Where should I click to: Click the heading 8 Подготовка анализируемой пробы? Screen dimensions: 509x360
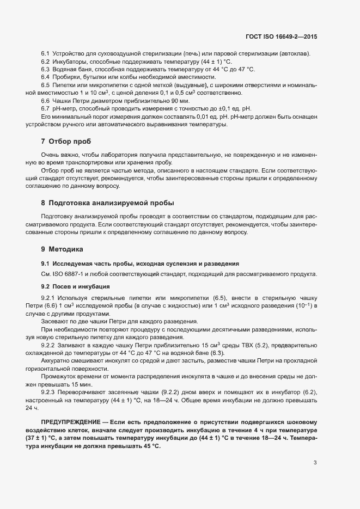click(107, 203)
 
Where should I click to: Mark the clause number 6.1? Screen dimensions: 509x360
click(46, 54)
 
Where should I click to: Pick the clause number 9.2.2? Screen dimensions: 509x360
click(49, 346)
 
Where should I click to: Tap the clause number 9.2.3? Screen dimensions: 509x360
click(49, 393)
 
